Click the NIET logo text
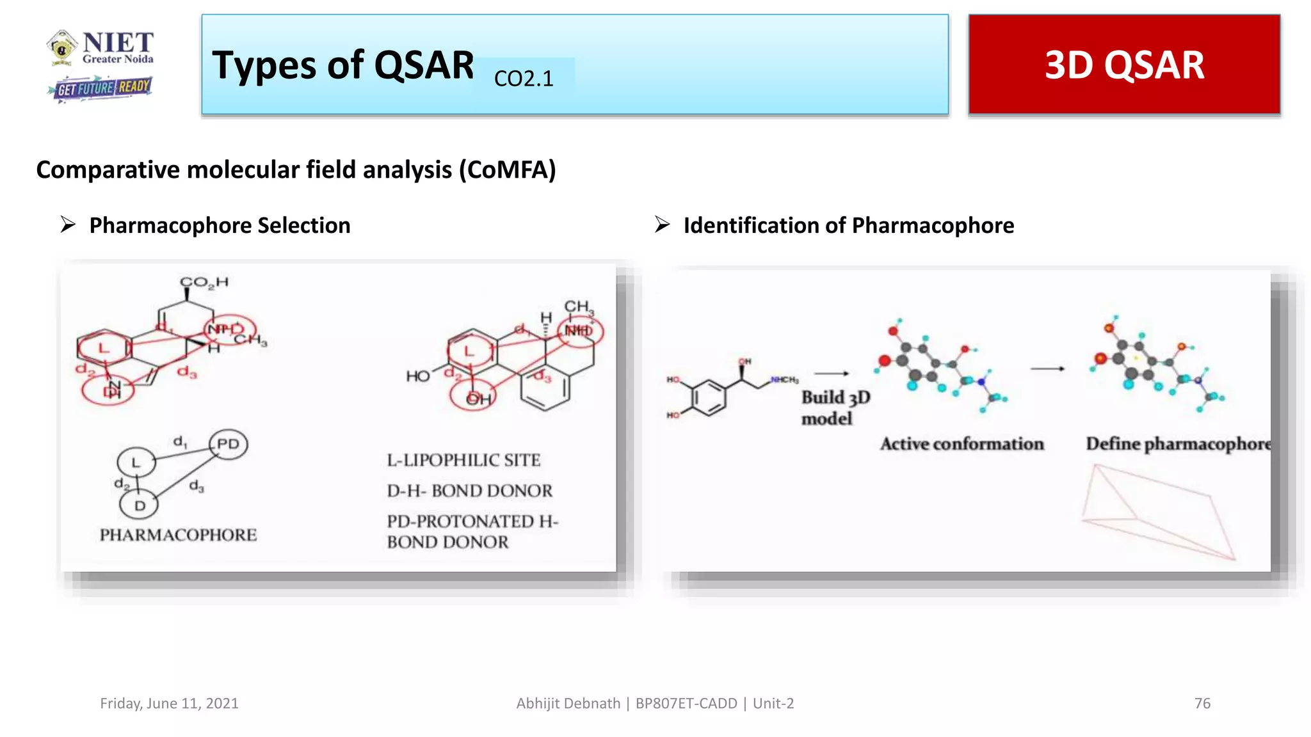[x=118, y=44]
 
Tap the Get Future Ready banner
[x=102, y=88]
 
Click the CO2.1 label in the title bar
[x=524, y=79]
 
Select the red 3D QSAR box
[x=1124, y=65]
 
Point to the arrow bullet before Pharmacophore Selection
[x=68, y=225]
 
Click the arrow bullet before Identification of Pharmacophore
[x=662, y=225]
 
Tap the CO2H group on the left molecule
[x=204, y=282]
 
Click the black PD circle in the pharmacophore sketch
[x=228, y=444]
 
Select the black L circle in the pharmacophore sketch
[x=136, y=462]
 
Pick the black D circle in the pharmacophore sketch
[x=139, y=505]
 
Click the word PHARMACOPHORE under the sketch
[x=178, y=535]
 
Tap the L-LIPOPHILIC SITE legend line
[x=463, y=460]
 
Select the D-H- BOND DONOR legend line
[x=469, y=491]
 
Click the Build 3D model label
[x=835, y=408]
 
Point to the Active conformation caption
[x=961, y=444]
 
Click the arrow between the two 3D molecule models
[x=1047, y=368]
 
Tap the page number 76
[x=1202, y=703]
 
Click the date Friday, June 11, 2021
[x=169, y=703]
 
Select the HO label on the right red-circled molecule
[x=417, y=376]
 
